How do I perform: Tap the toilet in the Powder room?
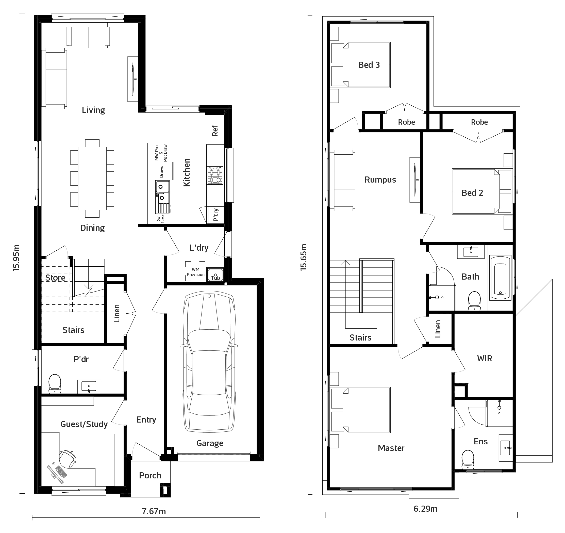55,383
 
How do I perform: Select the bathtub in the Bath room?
500,278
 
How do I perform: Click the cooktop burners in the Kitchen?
215,175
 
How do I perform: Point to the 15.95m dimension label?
16,257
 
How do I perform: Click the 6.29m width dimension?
425,509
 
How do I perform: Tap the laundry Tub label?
215,278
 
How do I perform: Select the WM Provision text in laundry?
195,272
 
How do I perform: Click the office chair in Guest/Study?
68,459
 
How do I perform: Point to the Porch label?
150,475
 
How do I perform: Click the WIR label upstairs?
485,359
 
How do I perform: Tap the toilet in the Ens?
468,459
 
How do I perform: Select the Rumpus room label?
380,180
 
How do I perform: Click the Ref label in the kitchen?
215,131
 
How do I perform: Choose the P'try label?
216,215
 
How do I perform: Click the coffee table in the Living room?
93,80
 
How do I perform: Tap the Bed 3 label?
369,65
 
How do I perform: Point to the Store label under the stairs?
55,278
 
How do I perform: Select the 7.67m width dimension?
154,511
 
